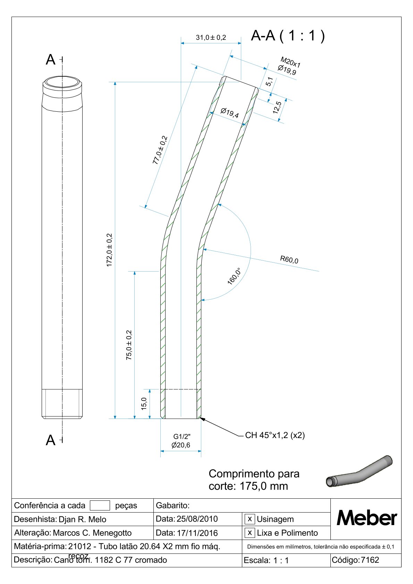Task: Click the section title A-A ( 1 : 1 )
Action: (288, 36)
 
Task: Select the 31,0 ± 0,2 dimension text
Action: (211, 37)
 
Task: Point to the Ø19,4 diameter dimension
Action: (230, 113)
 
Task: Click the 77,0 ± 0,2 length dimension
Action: (160, 150)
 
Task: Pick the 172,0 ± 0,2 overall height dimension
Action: (110, 250)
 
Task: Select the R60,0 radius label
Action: (289, 259)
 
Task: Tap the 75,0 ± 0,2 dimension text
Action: (129, 345)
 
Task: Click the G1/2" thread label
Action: (182, 437)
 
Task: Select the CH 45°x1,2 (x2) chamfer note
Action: (275, 435)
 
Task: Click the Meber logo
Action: (366, 518)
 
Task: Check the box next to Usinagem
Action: (249, 519)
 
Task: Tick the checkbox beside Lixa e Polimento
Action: (249, 532)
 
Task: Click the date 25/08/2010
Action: (197, 519)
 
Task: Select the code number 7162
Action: (370, 560)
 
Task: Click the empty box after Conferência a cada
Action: (100, 505)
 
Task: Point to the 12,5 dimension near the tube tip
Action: (277, 108)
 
